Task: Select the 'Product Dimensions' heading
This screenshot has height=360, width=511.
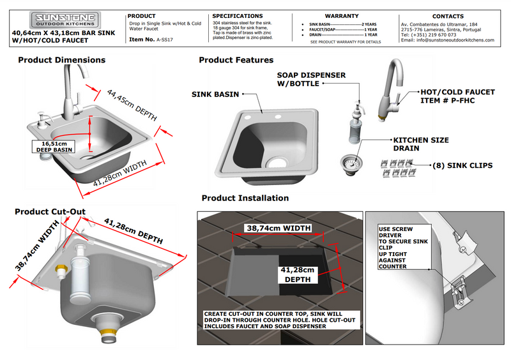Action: point(61,60)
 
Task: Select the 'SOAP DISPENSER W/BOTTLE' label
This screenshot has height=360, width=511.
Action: point(311,79)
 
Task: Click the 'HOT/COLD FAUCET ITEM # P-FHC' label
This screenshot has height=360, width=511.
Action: point(457,96)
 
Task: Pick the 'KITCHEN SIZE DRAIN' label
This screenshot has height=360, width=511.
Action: point(420,144)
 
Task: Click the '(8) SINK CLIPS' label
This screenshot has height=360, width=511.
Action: point(462,165)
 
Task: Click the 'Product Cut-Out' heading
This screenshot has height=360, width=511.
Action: point(50,211)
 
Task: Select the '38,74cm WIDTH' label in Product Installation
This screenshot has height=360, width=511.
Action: point(280,227)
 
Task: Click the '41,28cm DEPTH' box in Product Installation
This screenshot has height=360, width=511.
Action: point(297,274)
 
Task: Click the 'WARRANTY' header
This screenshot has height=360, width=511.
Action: point(345,15)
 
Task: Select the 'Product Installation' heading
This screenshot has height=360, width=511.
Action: point(245,198)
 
